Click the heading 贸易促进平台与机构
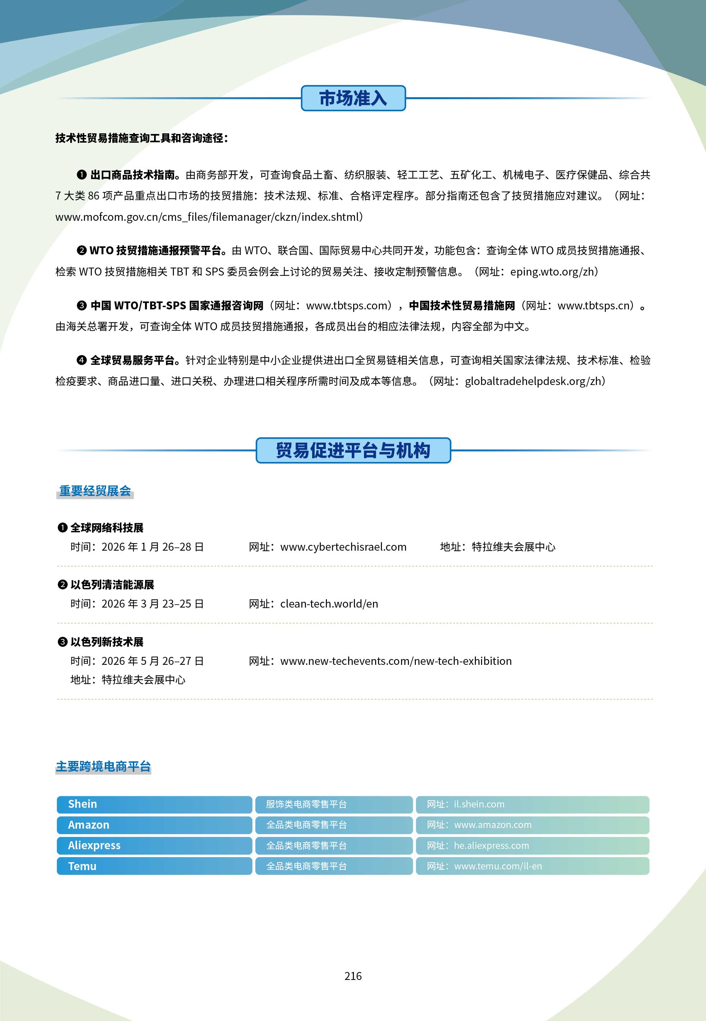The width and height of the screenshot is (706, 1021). pos(353,450)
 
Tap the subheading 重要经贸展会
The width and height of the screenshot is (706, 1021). pos(95,491)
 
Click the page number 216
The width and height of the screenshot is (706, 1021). pos(353,976)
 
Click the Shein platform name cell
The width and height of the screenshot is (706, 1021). pos(154,804)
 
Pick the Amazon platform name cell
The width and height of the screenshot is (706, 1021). pos(154,825)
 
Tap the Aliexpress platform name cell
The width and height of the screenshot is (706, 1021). pos(154,845)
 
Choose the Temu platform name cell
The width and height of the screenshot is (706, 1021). pos(154,866)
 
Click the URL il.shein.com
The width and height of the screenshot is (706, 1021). pos(479,804)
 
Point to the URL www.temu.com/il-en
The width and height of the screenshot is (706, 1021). pos(498,866)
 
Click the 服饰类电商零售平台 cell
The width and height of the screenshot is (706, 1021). pos(306,804)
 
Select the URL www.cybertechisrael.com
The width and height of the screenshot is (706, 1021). pos(343,547)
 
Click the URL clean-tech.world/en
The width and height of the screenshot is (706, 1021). pos(329,604)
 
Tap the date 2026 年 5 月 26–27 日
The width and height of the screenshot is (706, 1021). pos(153,661)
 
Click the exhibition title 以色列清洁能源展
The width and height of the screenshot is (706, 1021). pos(112,585)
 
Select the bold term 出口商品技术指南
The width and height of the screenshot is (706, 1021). pos(133,175)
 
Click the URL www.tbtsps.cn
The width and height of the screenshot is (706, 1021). pos(594,306)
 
